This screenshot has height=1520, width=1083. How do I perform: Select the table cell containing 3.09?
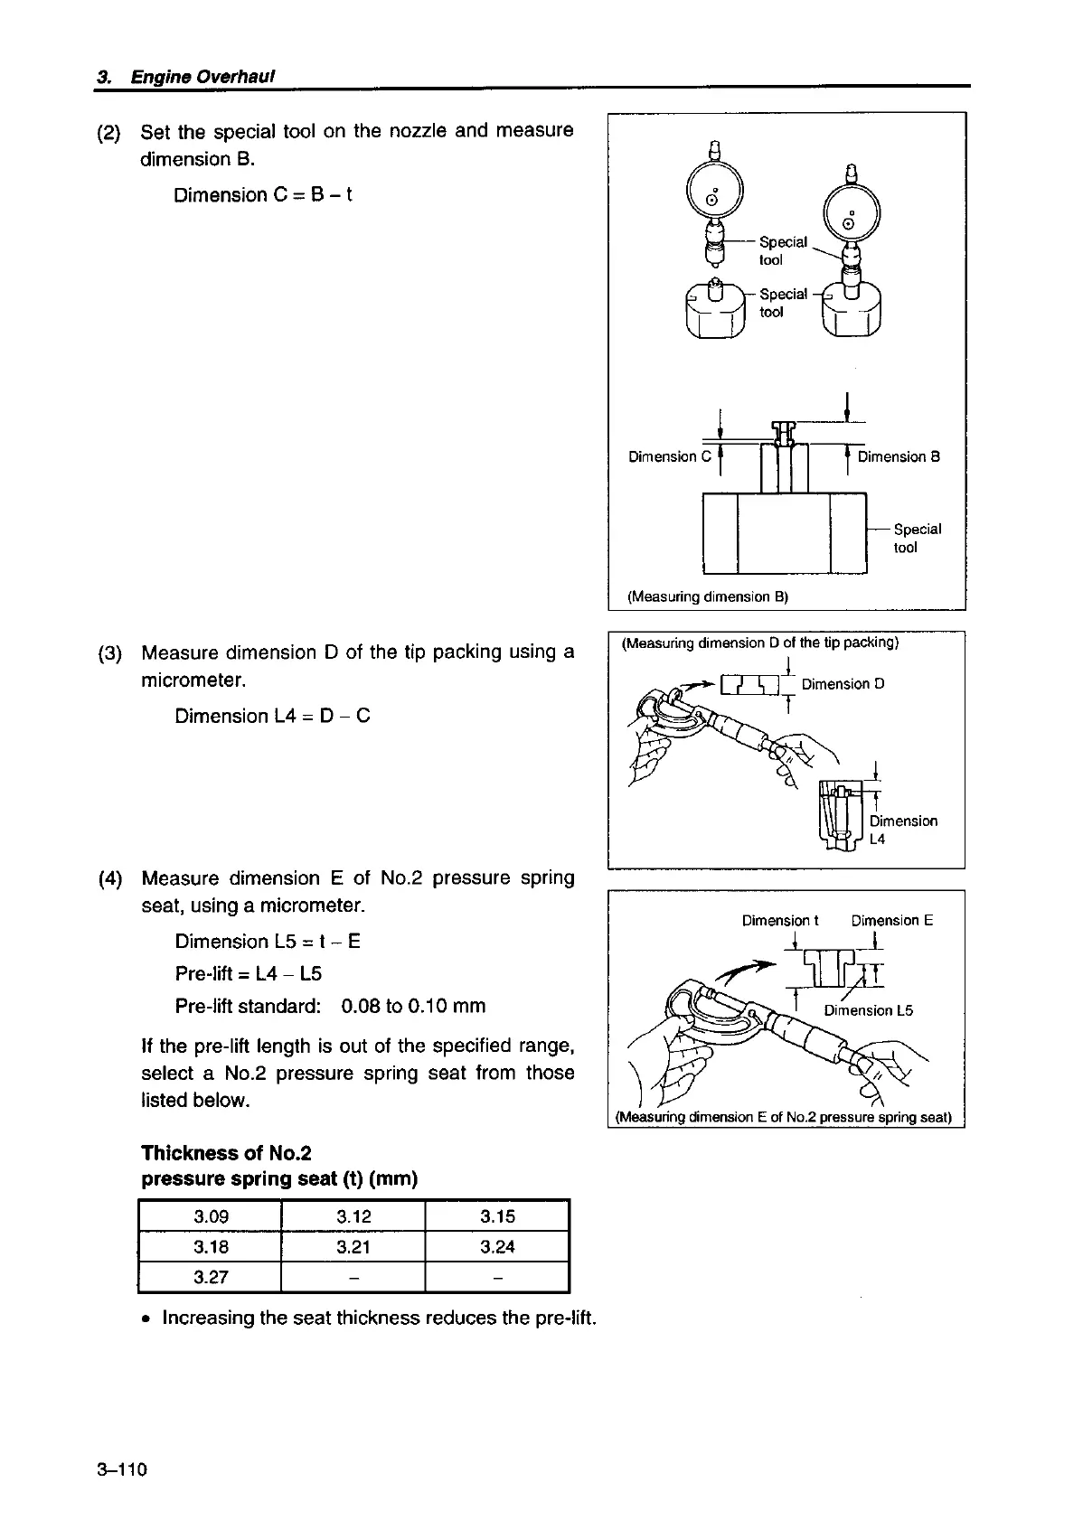pos(211,1216)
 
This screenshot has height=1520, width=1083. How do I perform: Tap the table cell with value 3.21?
pos(353,1247)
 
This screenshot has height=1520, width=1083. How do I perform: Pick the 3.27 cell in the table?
pos(211,1277)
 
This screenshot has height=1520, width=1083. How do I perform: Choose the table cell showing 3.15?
pos(497,1216)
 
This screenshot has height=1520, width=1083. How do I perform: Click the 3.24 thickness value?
pos(497,1247)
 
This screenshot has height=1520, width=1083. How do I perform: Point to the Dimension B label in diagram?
pos(899,456)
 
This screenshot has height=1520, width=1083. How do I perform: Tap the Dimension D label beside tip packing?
pos(843,684)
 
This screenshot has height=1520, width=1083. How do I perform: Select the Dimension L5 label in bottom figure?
pos(868,1010)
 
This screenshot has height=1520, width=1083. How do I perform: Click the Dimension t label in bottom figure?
pos(779,921)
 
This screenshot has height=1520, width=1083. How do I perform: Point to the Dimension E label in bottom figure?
pos(891,921)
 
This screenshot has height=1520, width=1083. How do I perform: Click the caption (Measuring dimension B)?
pos(708,596)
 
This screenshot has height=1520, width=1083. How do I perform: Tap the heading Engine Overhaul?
pos(202,76)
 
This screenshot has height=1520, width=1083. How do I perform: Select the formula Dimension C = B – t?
pos(262,195)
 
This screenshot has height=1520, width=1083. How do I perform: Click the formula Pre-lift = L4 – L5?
pos(249,973)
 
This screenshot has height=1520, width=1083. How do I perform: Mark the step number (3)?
pos(109,652)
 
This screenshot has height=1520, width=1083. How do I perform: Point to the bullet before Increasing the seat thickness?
pos(146,1318)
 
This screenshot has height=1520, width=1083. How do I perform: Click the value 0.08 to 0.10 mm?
pos(413,1006)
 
